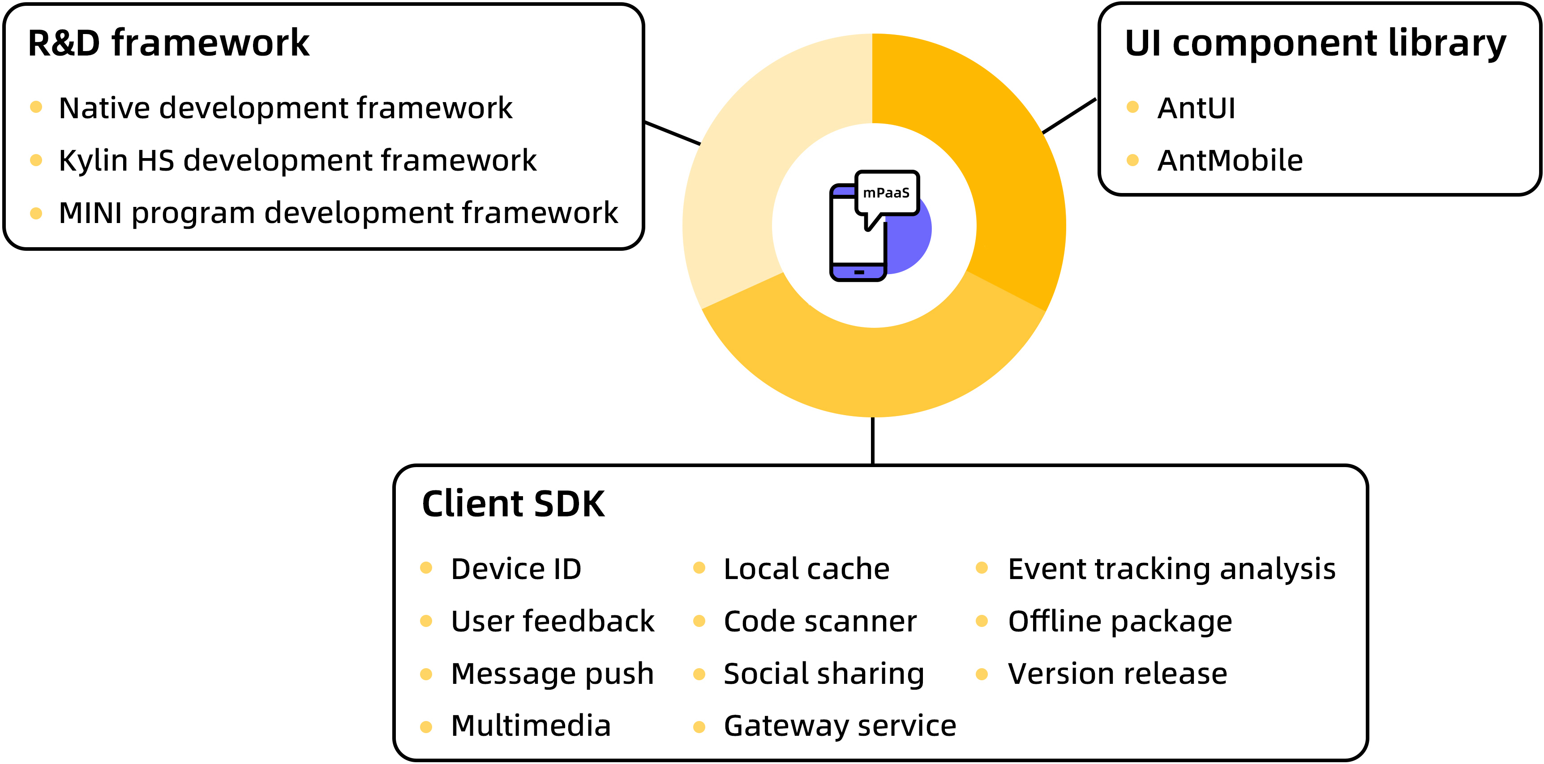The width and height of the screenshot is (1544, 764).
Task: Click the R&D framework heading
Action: [168, 44]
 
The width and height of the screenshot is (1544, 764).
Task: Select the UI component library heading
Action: [1315, 44]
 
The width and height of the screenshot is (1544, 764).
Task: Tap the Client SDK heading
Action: [513, 504]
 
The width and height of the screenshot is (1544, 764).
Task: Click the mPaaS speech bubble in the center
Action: [887, 193]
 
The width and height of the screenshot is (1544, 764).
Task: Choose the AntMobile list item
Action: [1230, 161]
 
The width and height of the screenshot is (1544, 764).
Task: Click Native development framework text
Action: [285, 108]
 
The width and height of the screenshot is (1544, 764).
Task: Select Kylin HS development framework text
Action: [297, 161]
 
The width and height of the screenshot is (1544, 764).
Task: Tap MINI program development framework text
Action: [338, 213]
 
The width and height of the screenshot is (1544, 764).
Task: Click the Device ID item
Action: [516, 569]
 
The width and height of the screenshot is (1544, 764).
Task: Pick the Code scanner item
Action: [820, 622]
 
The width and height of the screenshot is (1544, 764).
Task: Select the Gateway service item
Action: [840, 726]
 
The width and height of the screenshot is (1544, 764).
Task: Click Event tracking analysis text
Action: [1172, 569]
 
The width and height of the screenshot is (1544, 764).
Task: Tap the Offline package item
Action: [1119, 622]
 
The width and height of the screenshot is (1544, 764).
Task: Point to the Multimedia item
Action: [531, 726]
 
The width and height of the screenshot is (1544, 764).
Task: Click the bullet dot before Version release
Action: [982, 674]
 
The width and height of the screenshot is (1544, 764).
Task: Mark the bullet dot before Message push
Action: [426, 674]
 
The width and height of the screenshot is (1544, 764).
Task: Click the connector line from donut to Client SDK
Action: [873, 440]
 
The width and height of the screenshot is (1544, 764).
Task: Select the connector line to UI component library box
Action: [1069, 116]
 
